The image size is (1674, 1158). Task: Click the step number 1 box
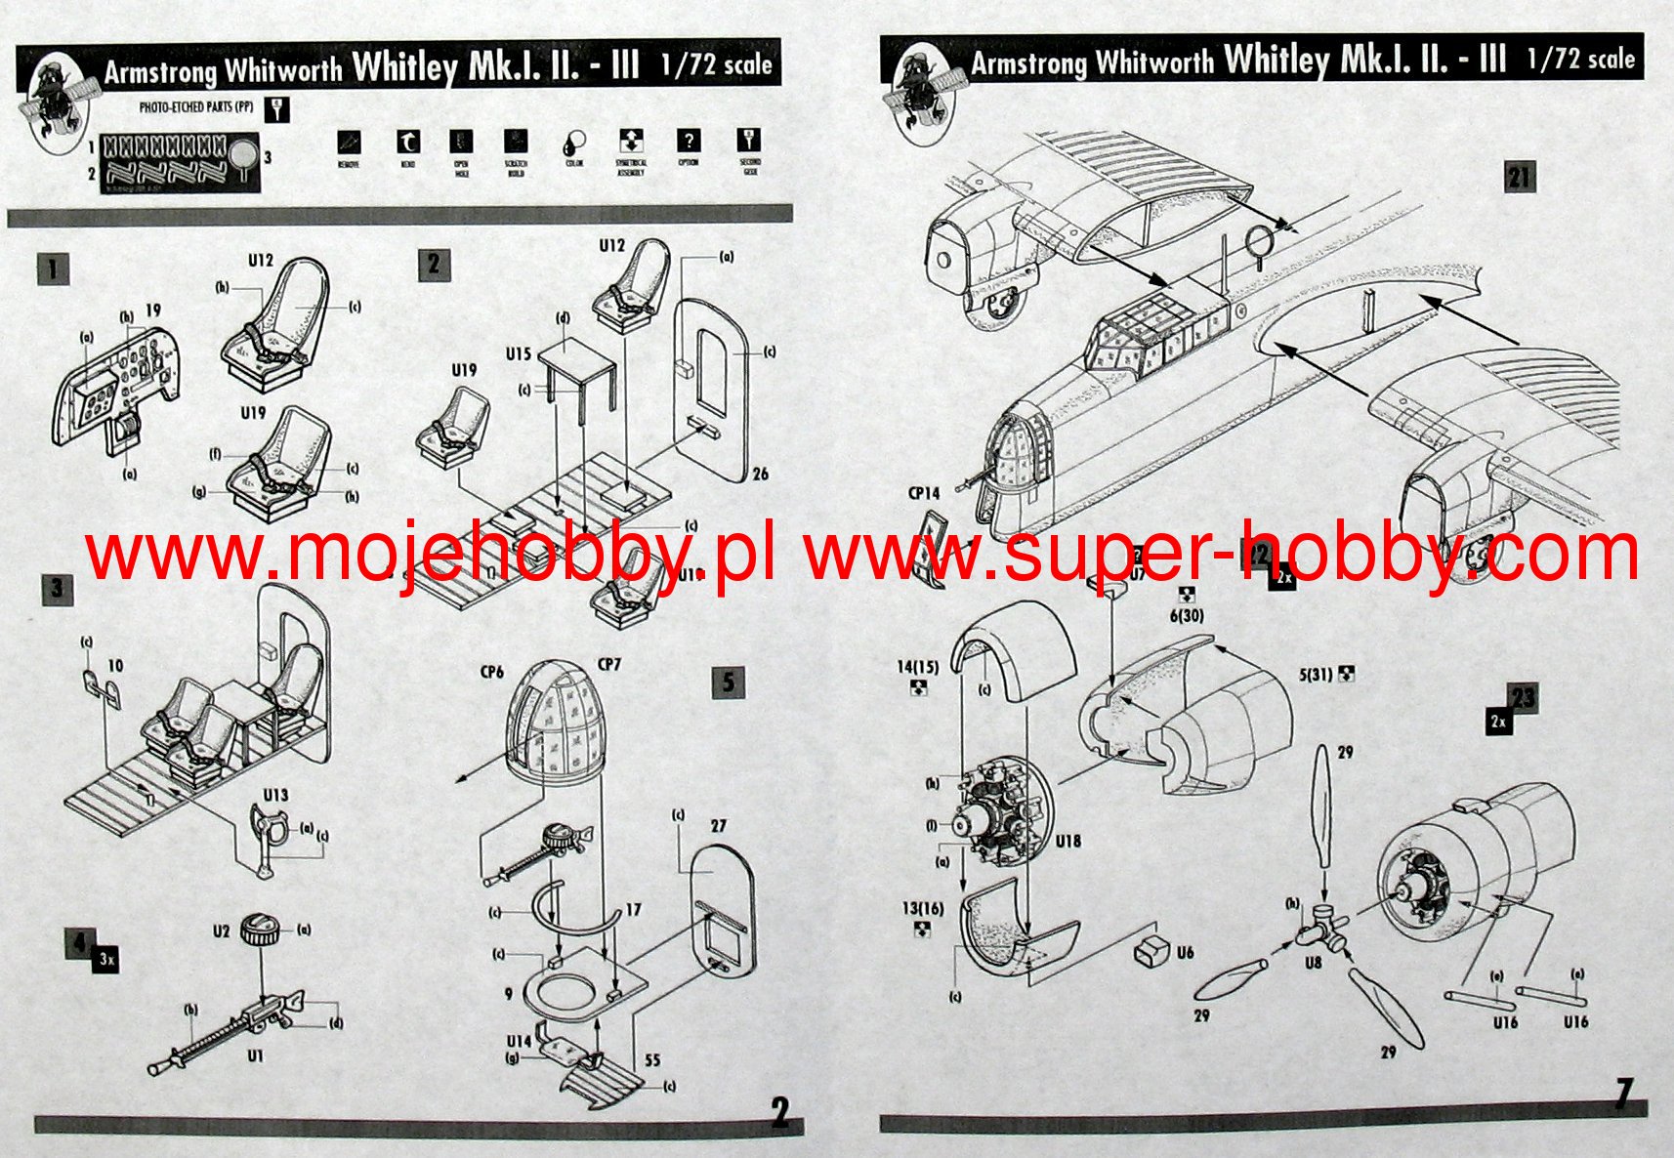pos(54,269)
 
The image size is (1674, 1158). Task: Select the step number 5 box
pos(728,681)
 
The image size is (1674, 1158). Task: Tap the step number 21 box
pos(1519,177)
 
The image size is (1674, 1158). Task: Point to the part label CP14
pos(923,493)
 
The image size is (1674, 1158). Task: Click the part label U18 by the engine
pos(1067,841)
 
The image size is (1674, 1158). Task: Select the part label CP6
pos(491,672)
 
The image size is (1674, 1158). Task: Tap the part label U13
pos(275,795)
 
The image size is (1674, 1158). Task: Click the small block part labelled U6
pos(1152,949)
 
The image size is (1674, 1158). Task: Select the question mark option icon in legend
pos(689,142)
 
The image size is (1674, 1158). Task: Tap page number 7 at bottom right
pos(1623,1094)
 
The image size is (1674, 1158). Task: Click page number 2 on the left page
pos(779,1112)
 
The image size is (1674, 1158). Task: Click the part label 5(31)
pos(1319,674)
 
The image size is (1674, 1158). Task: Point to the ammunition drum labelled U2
pos(261,926)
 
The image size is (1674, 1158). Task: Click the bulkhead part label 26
pos(760,474)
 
